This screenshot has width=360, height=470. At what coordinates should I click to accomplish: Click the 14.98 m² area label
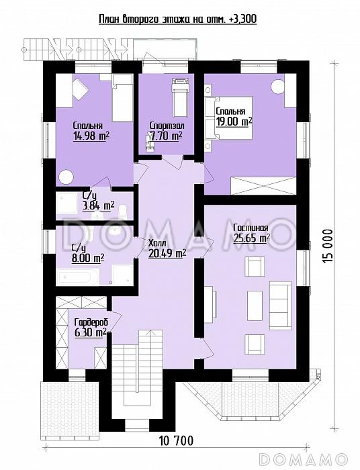pyautogui.click(x=91, y=136)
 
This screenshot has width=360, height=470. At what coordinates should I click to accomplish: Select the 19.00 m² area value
pyautogui.click(x=234, y=122)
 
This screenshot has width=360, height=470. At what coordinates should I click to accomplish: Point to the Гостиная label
pyautogui.click(x=251, y=228)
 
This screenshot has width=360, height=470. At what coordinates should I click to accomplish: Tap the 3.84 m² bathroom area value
pyautogui.click(x=98, y=206)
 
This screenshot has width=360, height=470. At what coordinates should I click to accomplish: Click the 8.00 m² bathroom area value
pyautogui.click(x=88, y=257)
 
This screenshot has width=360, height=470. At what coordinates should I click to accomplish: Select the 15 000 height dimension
pyautogui.click(x=328, y=246)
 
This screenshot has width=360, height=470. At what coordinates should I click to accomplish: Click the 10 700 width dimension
pyautogui.click(x=177, y=440)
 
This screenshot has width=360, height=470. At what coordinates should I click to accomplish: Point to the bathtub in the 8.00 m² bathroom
pyautogui.click(x=79, y=277)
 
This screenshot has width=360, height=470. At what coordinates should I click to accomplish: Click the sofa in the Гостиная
pyautogui.click(x=280, y=305)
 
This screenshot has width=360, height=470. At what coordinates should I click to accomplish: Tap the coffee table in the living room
pyautogui.click(x=255, y=305)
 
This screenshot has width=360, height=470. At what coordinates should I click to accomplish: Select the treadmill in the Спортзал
pyautogui.click(x=181, y=98)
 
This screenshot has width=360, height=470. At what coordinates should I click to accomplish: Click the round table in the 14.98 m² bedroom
pyautogui.click(x=66, y=177)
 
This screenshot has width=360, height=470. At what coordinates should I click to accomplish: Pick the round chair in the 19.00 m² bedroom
pyautogui.click(x=277, y=87)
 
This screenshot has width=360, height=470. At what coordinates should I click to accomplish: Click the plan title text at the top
pyautogui.click(x=178, y=19)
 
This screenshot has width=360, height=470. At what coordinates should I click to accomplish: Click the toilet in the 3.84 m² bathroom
pyautogui.click(x=122, y=211)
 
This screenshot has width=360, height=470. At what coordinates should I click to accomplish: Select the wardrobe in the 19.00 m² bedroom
pyautogui.click(x=263, y=186)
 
